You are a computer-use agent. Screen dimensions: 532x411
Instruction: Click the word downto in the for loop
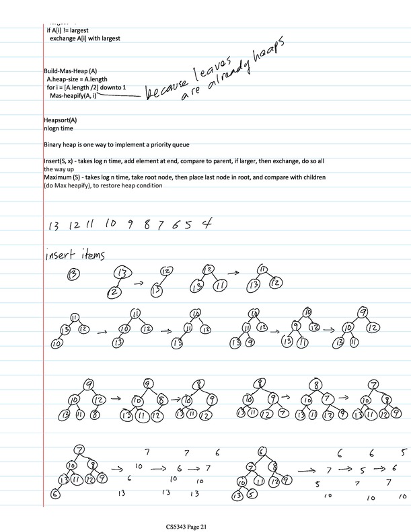click(114, 88)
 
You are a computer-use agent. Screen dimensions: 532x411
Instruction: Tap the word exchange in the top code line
click(65, 38)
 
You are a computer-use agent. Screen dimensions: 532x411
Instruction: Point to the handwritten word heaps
click(270, 50)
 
